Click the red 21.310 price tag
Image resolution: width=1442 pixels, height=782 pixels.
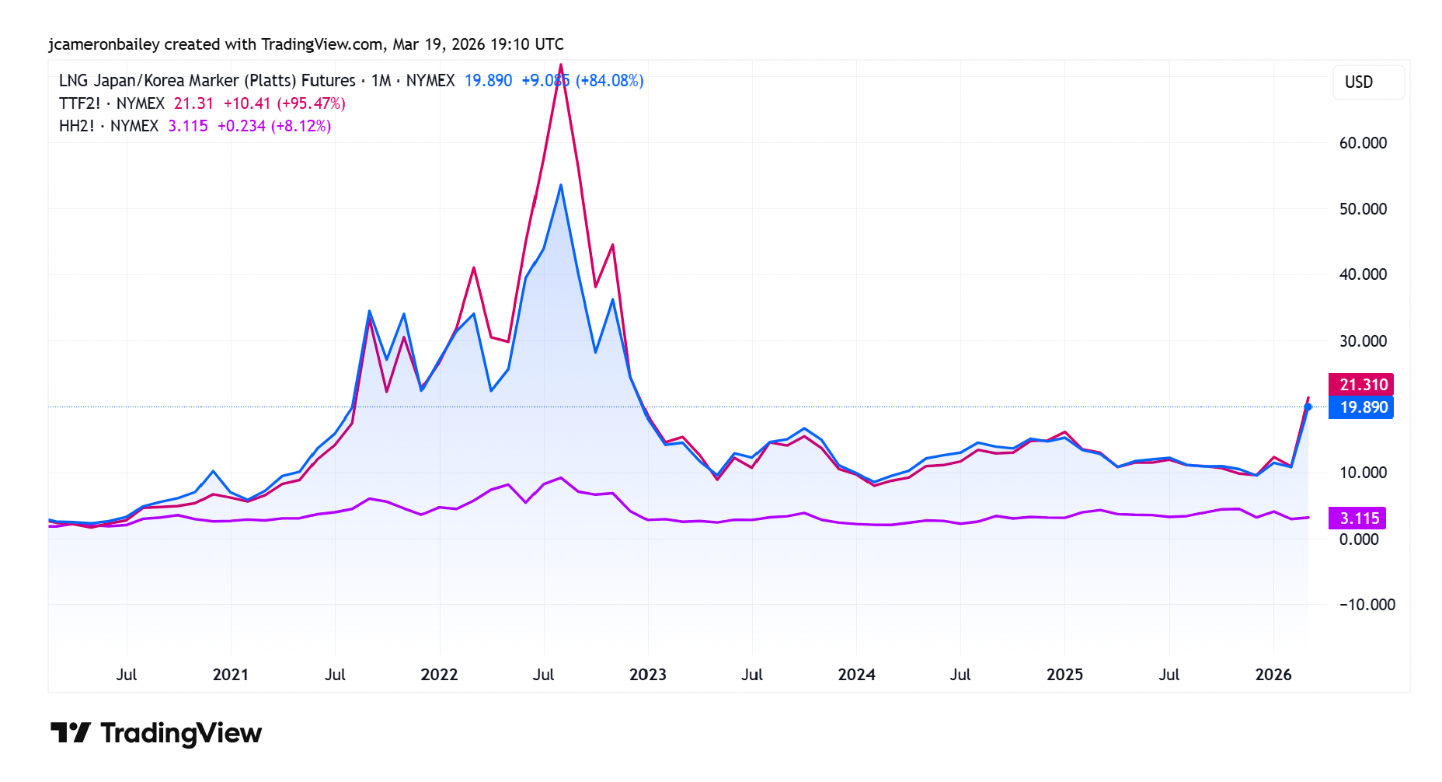(1361, 385)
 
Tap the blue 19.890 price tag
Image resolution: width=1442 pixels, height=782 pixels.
(1361, 407)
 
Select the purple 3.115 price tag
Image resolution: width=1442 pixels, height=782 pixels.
(1357, 518)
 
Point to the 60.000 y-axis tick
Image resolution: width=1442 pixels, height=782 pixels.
(1363, 143)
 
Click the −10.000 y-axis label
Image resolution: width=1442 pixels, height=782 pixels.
(1367, 605)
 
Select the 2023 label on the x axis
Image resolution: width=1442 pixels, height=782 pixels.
(647, 675)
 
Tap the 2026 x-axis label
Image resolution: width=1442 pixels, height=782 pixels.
(1273, 675)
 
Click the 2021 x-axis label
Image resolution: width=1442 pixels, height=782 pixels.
(231, 675)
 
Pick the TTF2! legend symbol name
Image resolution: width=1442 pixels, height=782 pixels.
(79, 103)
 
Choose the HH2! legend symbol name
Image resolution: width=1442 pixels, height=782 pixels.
(76, 126)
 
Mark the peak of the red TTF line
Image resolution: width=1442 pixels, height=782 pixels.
(561, 65)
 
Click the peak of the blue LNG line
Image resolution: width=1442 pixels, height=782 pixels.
(561, 185)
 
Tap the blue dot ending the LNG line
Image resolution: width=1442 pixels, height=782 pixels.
(1308, 407)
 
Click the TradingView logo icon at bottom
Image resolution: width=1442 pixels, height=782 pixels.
(71, 732)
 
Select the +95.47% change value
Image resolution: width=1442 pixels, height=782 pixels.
(311, 103)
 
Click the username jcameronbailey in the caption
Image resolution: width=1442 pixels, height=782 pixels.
(103, 44)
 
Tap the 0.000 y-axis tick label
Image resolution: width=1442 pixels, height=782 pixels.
(1358, 539)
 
